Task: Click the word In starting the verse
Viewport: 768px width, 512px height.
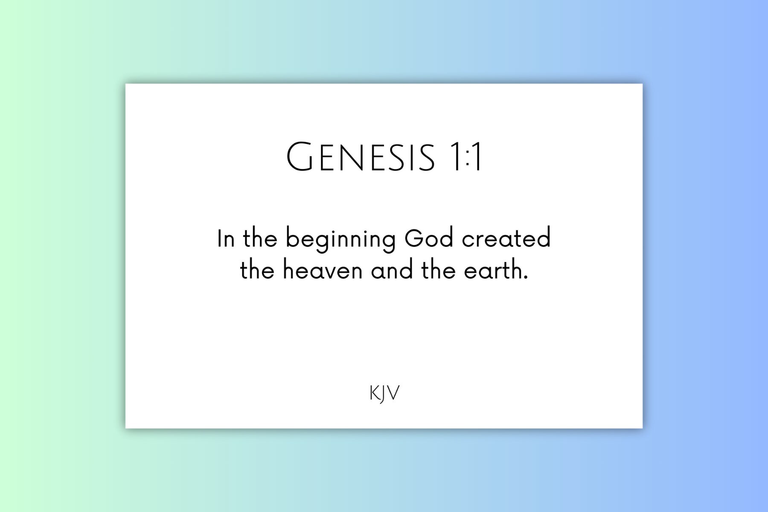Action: pos(226,239)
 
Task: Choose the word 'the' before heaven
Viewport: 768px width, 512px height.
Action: pos(257,270)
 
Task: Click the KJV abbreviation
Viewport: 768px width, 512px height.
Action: pos(384,393)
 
